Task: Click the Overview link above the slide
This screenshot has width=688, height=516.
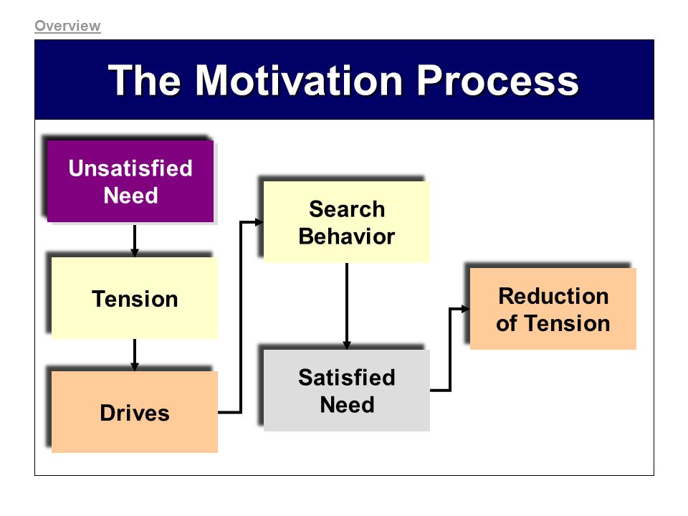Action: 67,26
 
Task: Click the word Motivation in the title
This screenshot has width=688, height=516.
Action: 299,80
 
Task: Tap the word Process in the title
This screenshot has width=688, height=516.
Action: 497,80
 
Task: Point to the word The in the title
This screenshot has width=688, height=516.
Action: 144,80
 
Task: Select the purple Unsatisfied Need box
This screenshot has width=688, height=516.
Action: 130,181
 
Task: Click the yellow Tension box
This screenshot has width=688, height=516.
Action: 135,298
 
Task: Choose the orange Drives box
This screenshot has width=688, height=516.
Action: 135,412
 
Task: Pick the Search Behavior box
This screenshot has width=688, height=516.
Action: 347,222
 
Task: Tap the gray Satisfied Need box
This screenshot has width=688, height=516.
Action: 347,391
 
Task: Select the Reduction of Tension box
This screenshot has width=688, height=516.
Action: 553,309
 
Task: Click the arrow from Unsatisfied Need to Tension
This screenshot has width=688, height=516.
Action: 135,241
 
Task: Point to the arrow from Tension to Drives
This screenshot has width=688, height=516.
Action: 135,355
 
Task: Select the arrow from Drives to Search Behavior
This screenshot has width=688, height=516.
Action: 241,317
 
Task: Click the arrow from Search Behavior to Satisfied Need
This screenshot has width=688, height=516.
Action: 347,306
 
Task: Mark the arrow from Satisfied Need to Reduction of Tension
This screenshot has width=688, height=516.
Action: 450,350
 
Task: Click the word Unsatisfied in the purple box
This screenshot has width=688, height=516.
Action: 130,168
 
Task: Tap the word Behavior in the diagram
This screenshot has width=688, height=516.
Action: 347,236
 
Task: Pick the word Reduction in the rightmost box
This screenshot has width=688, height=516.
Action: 553,296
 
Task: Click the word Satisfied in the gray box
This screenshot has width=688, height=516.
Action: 347,378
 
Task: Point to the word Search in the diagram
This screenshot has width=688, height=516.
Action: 347,209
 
